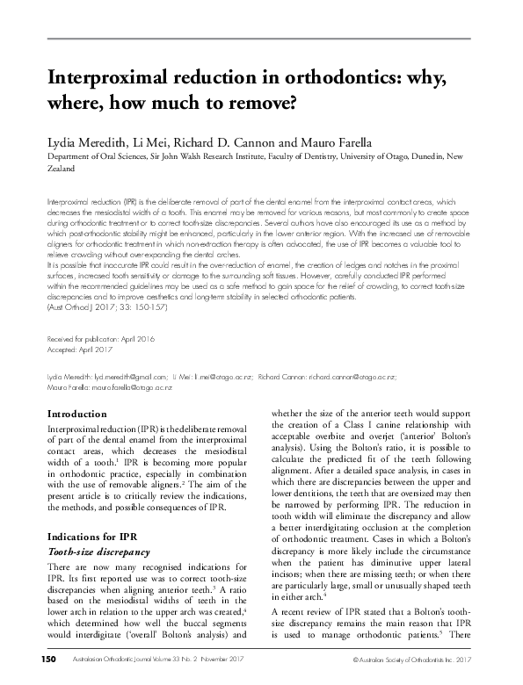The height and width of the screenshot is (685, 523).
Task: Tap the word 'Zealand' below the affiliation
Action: pos(61,169)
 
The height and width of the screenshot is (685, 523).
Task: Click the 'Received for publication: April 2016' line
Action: pos(100,338)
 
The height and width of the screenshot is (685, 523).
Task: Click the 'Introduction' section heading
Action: pos(77,414)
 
